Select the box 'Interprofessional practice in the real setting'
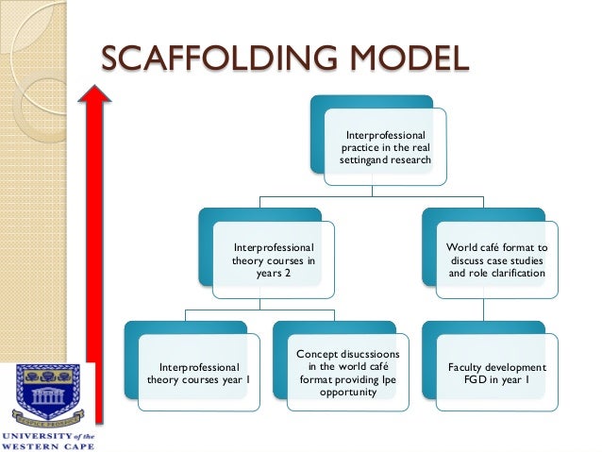point(386,147)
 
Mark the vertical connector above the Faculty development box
point(483,310)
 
